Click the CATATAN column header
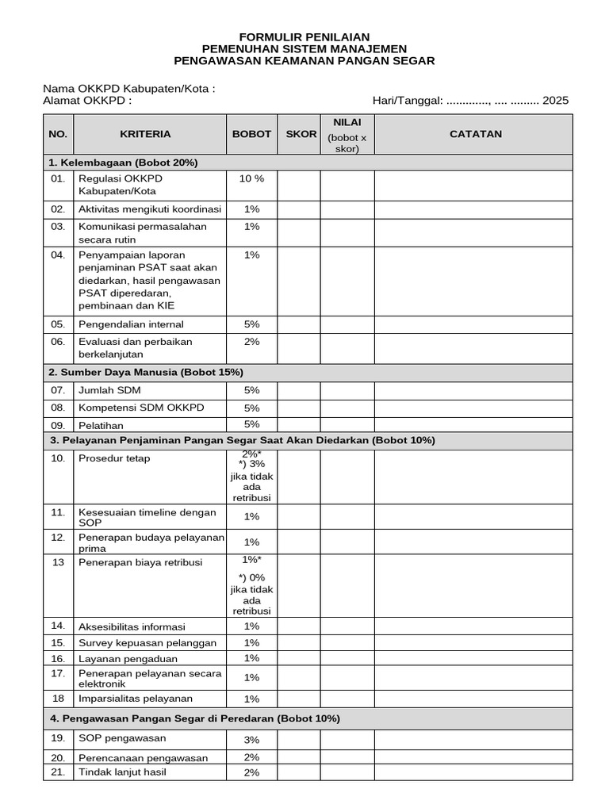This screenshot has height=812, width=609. [476, 134]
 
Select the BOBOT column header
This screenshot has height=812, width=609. [251, 134]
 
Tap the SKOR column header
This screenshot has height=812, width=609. [301, 134]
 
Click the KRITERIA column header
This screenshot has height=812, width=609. [145, 134]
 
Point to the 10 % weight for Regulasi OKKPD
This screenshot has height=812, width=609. [251, 178]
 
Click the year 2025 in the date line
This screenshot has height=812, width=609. [556, 101]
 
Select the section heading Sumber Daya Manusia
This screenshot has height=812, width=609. [146, 372]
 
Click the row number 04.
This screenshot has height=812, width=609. [58, 255]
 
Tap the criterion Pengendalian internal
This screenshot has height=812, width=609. [131, 324]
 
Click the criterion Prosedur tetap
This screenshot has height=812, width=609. [114, 458]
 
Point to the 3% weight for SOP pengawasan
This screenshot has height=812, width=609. [251, 740]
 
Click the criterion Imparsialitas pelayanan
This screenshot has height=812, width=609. [136, 699]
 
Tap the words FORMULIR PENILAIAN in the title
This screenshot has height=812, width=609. [304, 37]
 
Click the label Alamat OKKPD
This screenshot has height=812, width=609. [87, 101]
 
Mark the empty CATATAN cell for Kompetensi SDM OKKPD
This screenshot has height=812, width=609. [473, 408]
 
